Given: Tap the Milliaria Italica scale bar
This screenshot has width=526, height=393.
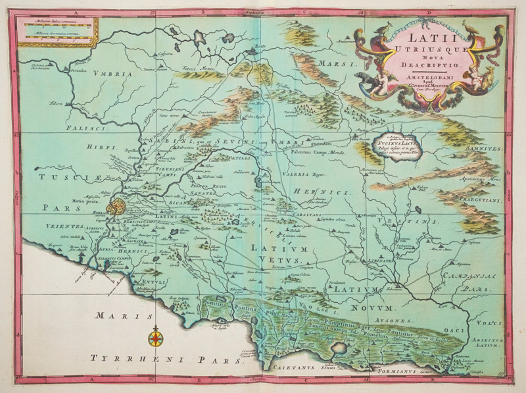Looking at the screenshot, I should coord(56,28).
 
